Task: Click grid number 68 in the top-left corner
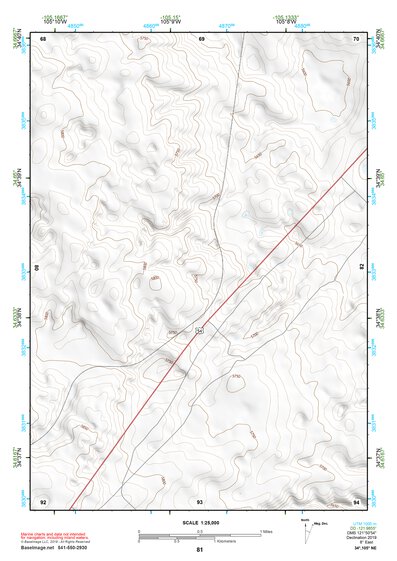point(43,39)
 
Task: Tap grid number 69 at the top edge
point(201,39)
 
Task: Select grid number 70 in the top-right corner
point(356,39)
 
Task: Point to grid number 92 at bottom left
point(43,500)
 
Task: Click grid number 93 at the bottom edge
point(200,500)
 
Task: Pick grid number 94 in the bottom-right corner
point(356,500)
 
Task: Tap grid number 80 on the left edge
point(38,268)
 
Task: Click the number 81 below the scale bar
point(200,550)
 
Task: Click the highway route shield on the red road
point(200,328)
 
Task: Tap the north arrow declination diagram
point(306,525)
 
